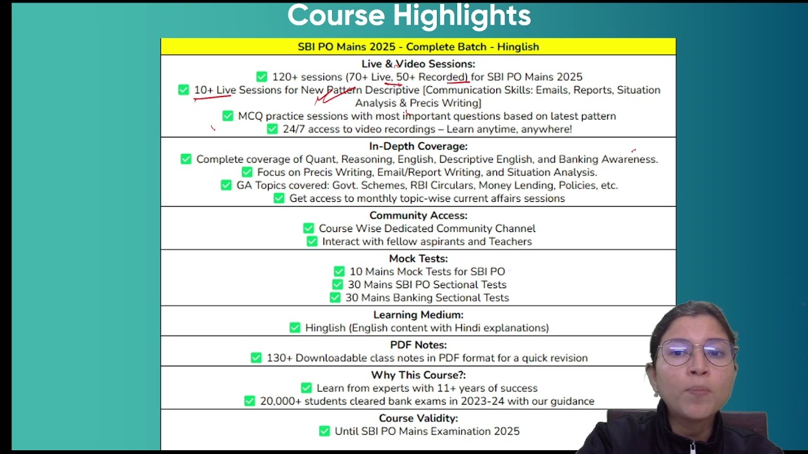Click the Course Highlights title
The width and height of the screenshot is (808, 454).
(409, 16)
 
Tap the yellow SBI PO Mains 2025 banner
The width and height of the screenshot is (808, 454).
(419, 47)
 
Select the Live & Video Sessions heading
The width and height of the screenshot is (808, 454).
(419, 64)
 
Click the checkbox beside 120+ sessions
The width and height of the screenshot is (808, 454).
(262, 77)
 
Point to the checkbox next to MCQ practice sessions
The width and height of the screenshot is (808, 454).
(228, 115)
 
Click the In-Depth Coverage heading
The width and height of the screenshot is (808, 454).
(419, 146)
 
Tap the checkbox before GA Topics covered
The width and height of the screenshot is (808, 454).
(226, 185)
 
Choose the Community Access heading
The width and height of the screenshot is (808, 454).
(419, 216)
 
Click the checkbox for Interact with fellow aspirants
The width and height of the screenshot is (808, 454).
(312, 242)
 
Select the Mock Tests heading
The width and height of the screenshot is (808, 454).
(419, 259)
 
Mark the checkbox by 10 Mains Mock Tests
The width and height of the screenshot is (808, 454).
(339, 271)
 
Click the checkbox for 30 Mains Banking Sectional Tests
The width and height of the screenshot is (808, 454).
(335, 298)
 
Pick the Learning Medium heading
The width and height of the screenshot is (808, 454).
(419, 315)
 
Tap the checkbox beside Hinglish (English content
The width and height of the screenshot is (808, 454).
(295, 327)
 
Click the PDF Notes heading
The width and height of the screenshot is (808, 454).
(419, 345)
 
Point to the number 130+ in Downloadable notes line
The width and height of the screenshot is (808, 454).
(280, 358)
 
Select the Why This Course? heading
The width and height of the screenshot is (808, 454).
(419, 375)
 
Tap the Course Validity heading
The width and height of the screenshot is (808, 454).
(419, 418)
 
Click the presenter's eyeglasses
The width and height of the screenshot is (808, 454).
(697, 352)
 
